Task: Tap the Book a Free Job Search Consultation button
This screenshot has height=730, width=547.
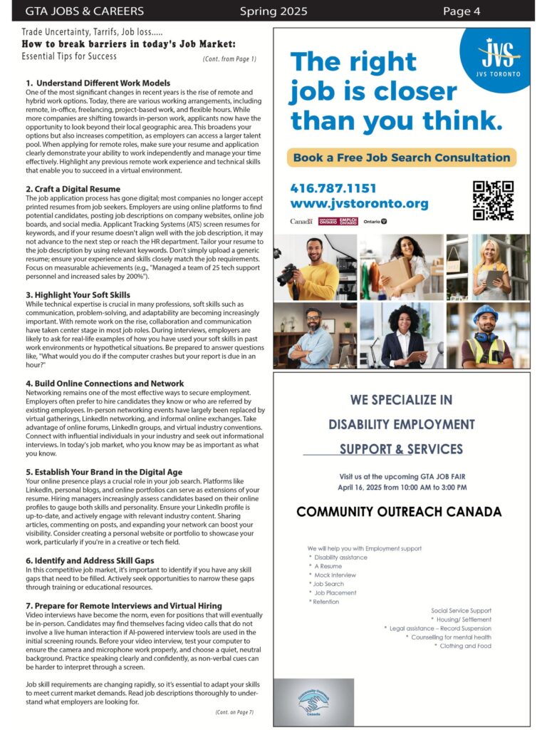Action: [x=402, y=158]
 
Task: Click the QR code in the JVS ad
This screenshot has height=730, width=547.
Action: [x=493, y=200]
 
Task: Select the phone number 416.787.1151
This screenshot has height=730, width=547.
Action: [x=333, y=188]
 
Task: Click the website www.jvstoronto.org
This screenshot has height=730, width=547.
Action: [x=360, y=204]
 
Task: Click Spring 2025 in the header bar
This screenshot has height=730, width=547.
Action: [x=273, y=11]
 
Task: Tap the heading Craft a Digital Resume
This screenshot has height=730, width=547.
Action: [x=73, y=189]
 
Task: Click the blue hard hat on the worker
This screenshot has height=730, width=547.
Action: [x=485, y=314]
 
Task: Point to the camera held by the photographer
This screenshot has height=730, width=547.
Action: [x=288, y=273]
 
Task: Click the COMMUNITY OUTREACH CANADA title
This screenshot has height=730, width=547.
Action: [x=399, y=512]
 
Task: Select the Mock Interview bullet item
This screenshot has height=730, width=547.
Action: [x=335, y=575]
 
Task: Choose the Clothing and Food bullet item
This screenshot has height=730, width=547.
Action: [x=465, y=646]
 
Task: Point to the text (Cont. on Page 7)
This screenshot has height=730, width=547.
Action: [x=234, y=712]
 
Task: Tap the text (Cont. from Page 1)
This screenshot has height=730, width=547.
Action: [x=229, y=58]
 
